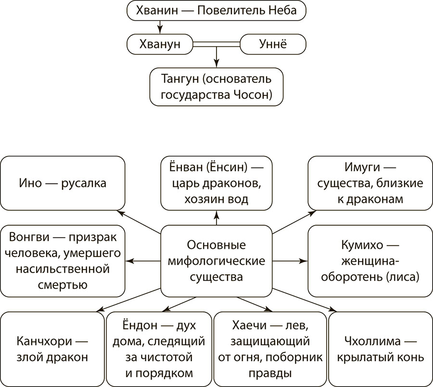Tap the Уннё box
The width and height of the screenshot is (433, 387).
tap(272, 44)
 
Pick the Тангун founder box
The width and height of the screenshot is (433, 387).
tap(216, 87)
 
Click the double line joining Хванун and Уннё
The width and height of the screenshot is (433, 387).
tap(216, 44)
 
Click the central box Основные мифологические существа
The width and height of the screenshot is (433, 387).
tap(216, 261)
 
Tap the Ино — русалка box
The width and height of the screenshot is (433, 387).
tap(63, 183)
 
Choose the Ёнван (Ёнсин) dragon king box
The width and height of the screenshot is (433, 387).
tap(216, 183)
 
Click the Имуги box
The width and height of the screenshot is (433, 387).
tap(369, 183)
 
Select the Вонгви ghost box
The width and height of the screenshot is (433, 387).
tap(63, 261)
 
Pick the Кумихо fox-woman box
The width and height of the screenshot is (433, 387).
tap(369, 261)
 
